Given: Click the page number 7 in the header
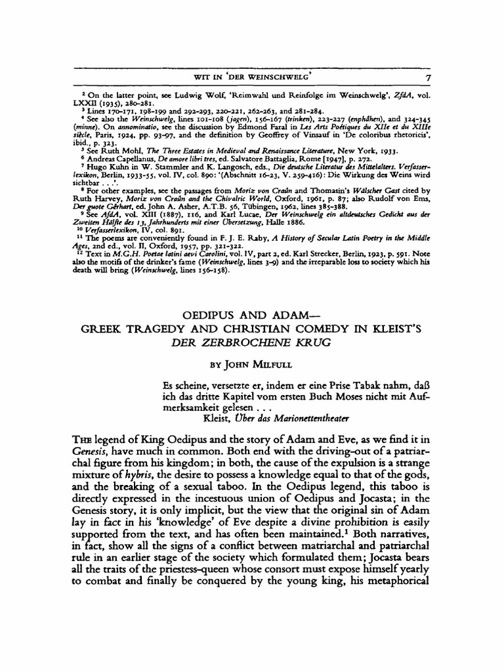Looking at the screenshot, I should tap(427, 78).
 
